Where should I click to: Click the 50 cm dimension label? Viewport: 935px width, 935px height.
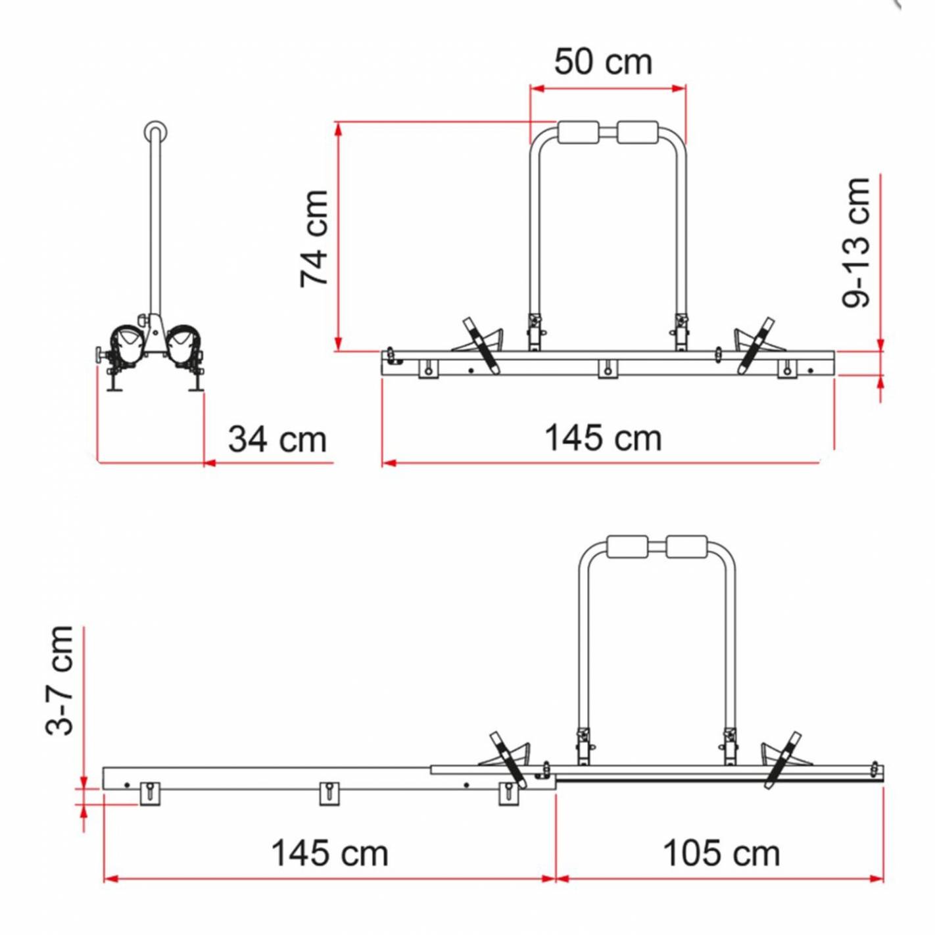[x=603, y=62]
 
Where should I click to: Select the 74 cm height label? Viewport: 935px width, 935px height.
[x=314, y=239]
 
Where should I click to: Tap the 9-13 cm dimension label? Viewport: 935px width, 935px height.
[x=855, y=242]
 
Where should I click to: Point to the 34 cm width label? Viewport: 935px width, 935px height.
[x=277, y=440]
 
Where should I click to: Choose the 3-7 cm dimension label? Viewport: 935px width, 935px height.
[x=59, y=681]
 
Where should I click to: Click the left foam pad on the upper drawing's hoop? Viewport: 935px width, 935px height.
[x=579, y=132]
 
